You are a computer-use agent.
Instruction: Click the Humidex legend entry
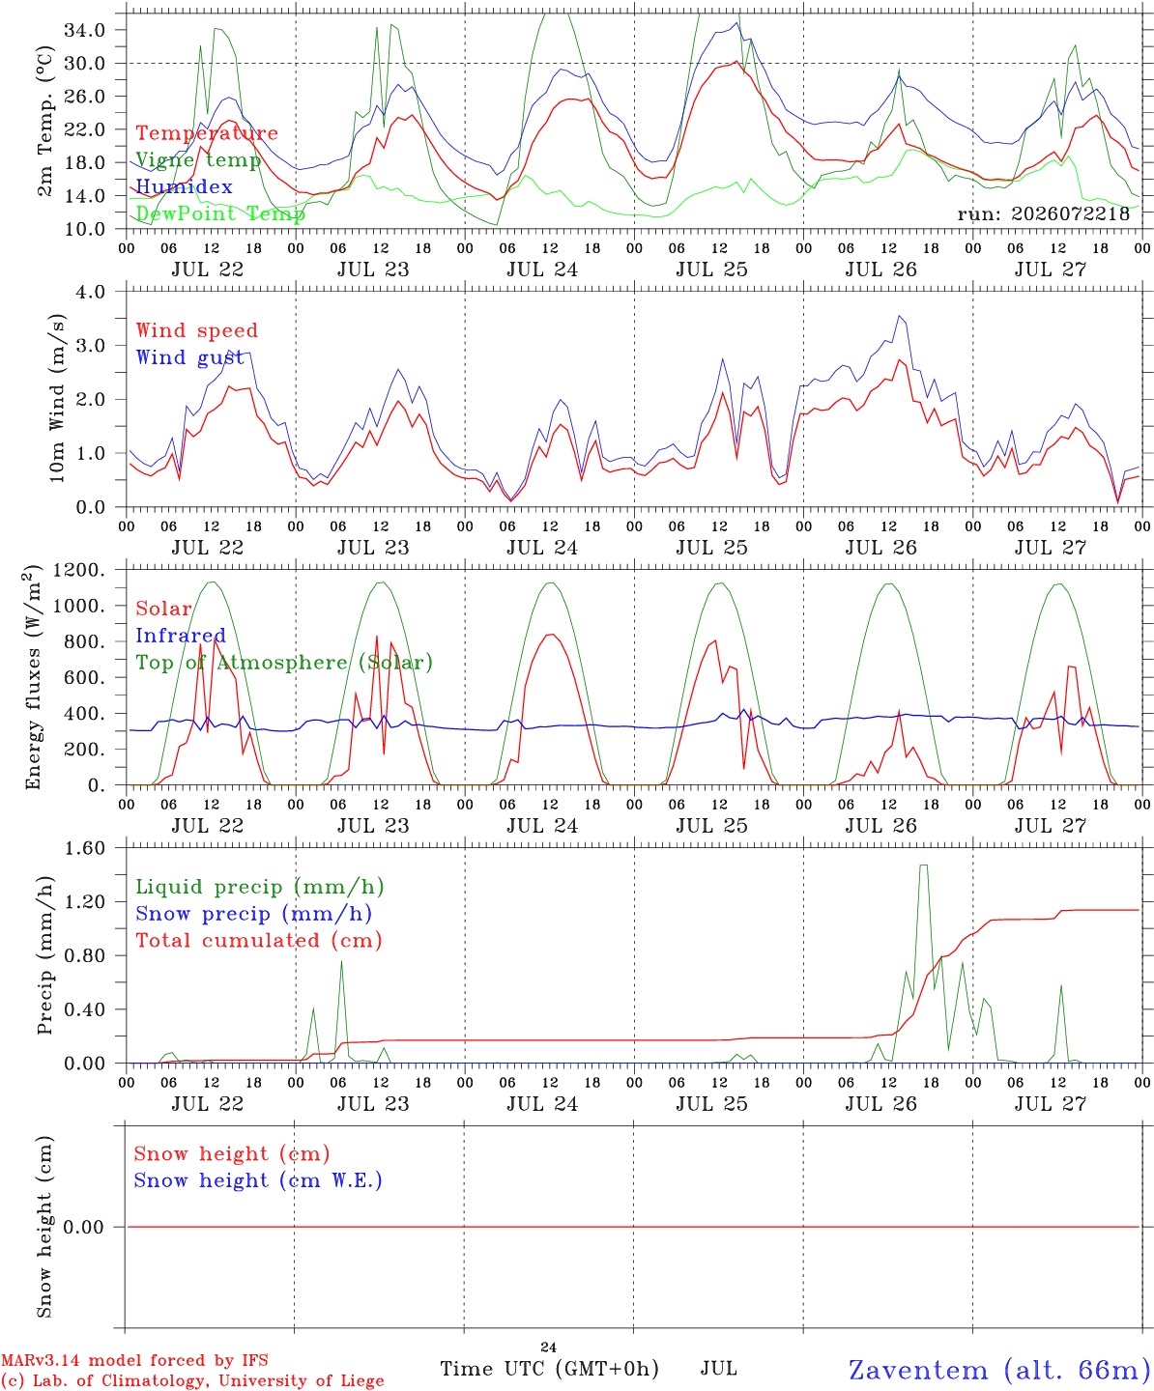tap(184, 186)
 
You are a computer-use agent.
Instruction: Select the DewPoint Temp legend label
tap(220, 213)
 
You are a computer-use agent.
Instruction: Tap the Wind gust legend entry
tap(190, 357)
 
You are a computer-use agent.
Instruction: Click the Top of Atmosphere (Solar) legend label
tap(284, 663)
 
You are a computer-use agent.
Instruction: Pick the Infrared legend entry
tap(181, 636)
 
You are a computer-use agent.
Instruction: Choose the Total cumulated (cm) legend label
tap(259, 941)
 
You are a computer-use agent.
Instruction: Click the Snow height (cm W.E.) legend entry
tap(257, 1180)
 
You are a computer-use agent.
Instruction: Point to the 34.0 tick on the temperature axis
tap(85, 30)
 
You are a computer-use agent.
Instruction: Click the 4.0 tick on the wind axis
tap(90, 292)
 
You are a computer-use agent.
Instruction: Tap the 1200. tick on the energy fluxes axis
tap(79, 570)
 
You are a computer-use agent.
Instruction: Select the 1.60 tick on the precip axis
tap(85, 848)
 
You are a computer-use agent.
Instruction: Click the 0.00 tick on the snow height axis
tap(84, 1227)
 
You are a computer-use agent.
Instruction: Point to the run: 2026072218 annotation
tap(1043, 213)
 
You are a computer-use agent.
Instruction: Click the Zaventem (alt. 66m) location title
tap(994, 1370)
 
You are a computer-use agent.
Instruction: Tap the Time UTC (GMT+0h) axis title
tap(549, 1369)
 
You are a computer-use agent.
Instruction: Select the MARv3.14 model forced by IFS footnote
tap(134, 1360)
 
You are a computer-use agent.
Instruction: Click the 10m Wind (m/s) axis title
tap(57, 398)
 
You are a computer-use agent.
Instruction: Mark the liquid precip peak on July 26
tap(924, 866)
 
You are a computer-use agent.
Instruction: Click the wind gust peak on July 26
tap(900, 316)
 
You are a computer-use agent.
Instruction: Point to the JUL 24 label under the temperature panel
tap(542, 270)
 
